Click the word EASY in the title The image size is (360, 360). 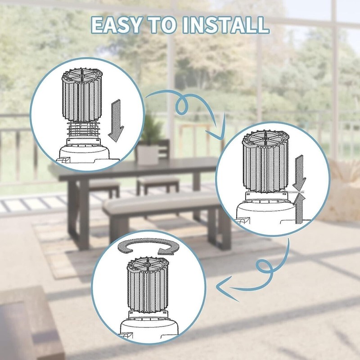(116, 25)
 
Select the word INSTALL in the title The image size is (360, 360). (226, 25)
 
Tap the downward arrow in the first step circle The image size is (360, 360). (116, 121)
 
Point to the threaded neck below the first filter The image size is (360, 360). (83, 130)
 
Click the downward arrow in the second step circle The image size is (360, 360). (299, 173)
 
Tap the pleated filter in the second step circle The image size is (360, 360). (265, 161)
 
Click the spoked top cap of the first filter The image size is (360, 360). (82, 75)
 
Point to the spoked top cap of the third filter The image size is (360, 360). (148, 264)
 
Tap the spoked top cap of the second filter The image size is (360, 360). (265, 137)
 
